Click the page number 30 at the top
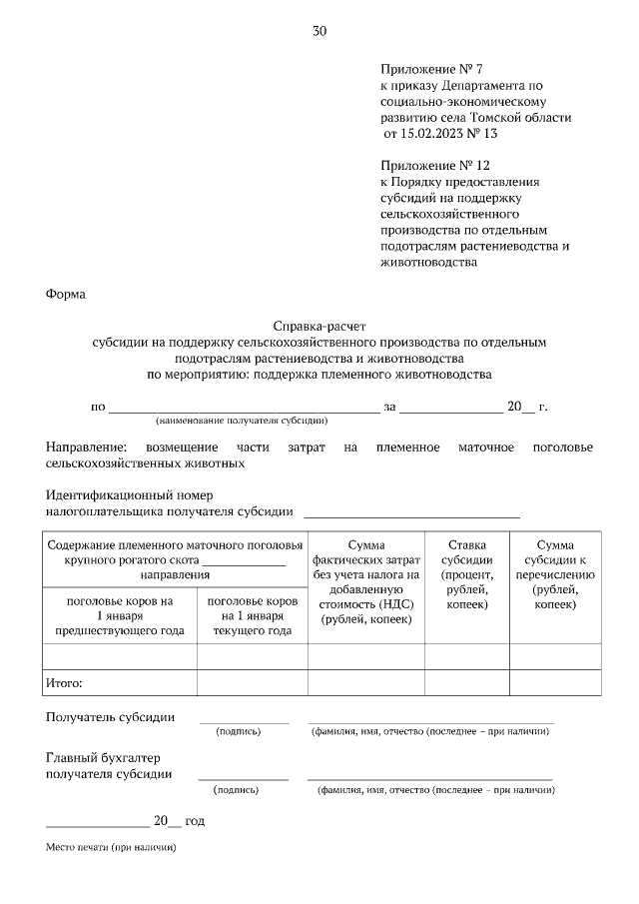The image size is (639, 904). [x=319, y=31]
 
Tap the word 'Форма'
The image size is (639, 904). [x=66, y=295]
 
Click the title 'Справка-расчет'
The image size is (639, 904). [x=319, y=327]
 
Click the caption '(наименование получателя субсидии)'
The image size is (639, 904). [x=242, y=422]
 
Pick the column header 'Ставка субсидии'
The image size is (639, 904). [x=466, y=574]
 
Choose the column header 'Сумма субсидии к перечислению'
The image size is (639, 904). [x=555, y=574]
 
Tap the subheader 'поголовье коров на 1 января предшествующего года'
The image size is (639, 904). [x=119, y=615]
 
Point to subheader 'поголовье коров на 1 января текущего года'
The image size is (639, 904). [x=252, y=615]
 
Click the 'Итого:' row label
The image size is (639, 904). [x=63, y=683]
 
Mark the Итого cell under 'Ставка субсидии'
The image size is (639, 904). [x=466, y=683]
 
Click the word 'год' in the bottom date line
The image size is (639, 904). [x=195, y=821]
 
